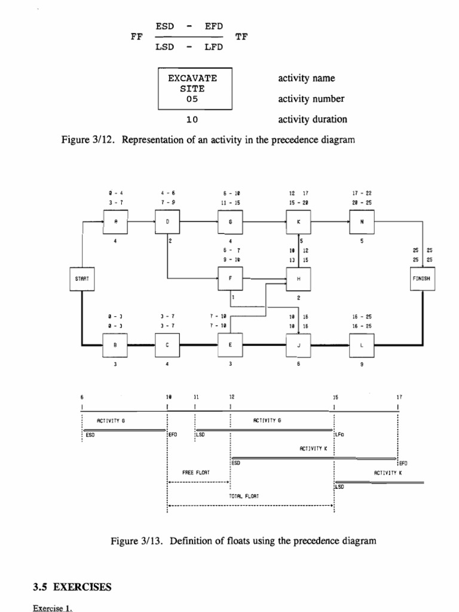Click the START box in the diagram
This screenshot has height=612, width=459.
click(81, 279)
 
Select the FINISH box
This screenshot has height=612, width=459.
click(424, 279)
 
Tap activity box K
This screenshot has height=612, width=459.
click(298, 221)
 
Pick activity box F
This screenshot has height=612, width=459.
click(231, 279)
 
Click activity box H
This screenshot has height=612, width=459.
click(298, 279)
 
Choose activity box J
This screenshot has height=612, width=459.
click(298, 345)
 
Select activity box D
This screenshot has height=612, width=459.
click(167, 221)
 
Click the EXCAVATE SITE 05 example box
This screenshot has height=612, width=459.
click(195, 88)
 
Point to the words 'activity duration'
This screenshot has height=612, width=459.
click(312, 119)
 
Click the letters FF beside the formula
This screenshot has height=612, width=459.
click(136, 36)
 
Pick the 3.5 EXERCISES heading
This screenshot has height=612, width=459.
click(72, 587)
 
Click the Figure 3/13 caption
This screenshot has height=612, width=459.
click(244, 541)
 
